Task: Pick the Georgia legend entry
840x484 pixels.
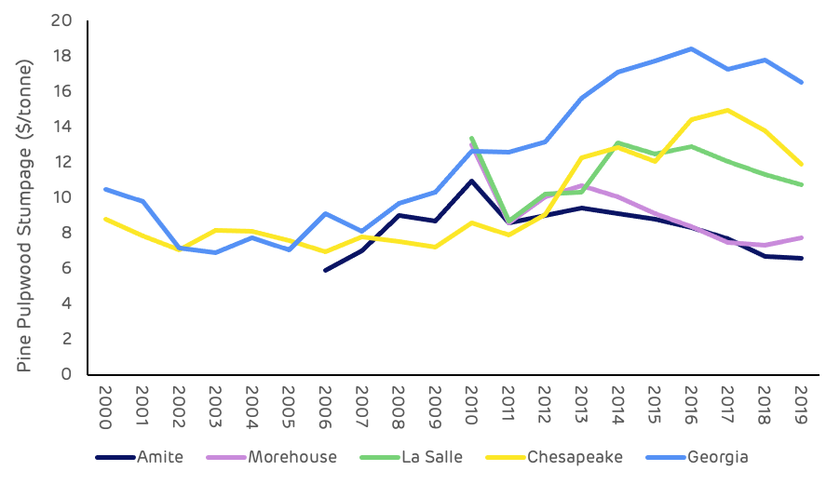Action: tap(717, 457)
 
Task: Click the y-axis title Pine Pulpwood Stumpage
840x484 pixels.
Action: tap(25, 215)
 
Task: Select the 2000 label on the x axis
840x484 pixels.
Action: tap(103, 406)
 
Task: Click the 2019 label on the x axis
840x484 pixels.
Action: tap(800, 406)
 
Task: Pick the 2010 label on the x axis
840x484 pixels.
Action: tap(470, 406)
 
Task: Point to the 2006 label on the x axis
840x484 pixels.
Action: tap(324, 406)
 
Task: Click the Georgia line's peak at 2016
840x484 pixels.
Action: tap(690, 48)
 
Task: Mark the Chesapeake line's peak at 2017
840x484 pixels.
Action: tap(726, 110)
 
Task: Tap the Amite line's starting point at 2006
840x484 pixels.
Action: tap(324, 270)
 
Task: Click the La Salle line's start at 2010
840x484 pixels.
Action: tap(470, 138)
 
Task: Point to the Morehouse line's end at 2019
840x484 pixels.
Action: tap(800, 237)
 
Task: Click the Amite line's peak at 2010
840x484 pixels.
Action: tap(470, 181)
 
